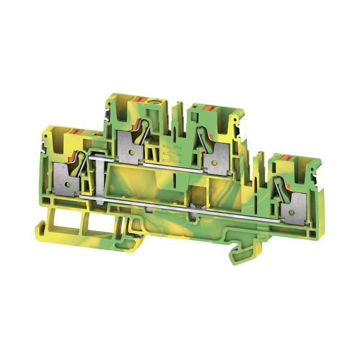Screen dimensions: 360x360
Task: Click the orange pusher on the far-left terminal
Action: coord(76,132)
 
